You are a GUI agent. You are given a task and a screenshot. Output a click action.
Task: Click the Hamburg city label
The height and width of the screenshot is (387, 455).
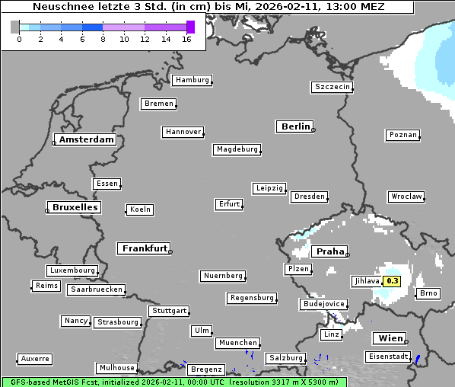point(191,80)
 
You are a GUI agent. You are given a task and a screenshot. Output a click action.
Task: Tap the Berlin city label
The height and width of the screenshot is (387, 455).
point(295,126)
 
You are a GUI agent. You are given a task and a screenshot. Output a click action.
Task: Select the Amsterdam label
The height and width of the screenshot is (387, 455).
point(86,139)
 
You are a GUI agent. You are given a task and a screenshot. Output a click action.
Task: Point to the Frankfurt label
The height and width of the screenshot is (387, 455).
point(144,248)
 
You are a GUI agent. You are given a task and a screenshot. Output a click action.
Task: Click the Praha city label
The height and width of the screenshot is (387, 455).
point(329,251)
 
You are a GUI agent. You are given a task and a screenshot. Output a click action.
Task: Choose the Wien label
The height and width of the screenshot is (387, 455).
point(391,338)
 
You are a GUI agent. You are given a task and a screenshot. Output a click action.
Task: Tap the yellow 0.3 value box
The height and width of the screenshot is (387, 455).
point(393,281)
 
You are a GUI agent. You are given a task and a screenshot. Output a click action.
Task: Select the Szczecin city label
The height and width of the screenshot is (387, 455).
point(332,87)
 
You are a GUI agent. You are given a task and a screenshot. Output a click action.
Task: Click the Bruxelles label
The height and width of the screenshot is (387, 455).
point(74,207)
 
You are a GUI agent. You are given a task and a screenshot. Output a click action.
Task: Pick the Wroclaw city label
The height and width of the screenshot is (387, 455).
point(406,197)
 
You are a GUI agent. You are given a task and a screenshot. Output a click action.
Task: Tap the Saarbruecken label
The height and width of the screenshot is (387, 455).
point(96,289)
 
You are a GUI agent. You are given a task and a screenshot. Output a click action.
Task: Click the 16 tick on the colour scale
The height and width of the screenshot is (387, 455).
point(186,40)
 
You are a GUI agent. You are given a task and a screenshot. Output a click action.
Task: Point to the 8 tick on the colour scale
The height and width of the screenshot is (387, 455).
point(103,40)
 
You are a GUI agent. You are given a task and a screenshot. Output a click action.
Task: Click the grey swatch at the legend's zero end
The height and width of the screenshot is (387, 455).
point(15,27)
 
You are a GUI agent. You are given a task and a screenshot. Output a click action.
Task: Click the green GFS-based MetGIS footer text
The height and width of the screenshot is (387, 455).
point(173,382)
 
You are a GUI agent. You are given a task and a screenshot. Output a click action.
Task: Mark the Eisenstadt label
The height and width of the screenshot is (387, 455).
point(388,357)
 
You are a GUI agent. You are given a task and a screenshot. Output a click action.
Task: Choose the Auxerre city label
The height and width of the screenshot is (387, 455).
point(35,358)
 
